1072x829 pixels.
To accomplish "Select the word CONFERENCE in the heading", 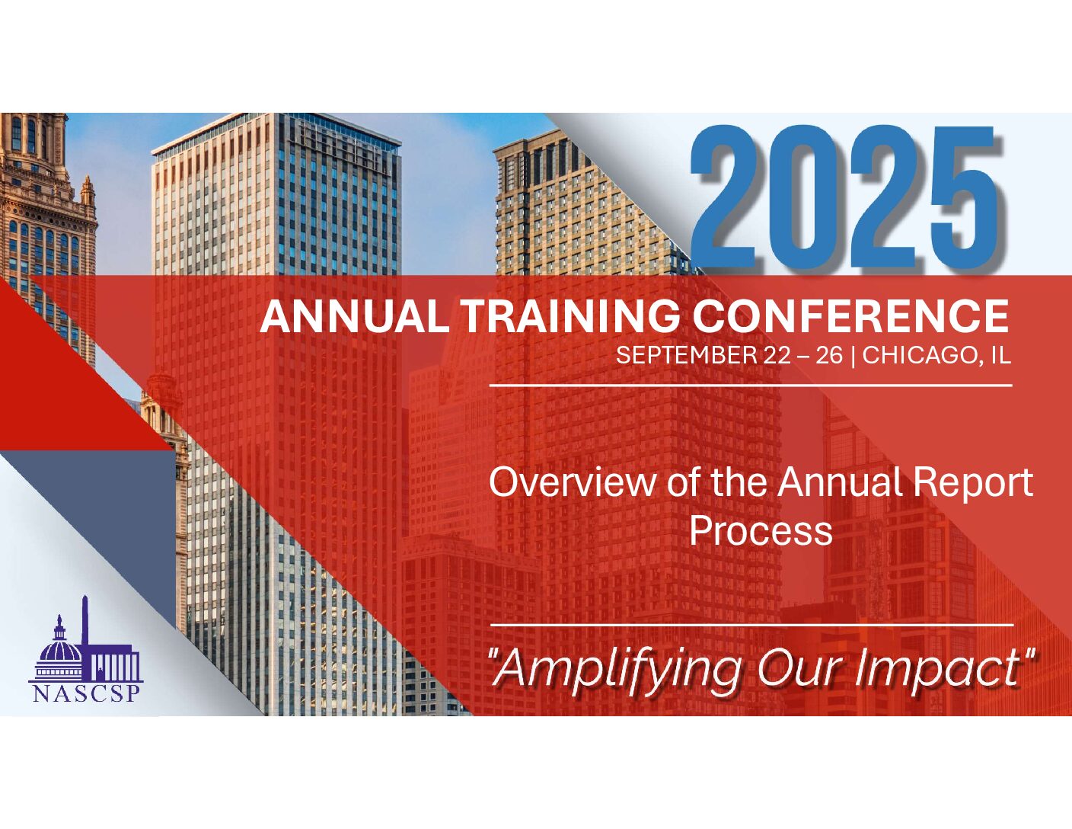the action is click(x=852, y=316).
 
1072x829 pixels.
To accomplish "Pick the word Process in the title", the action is click(x=761, y=531).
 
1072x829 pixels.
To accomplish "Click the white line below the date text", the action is click(x=751, y=385).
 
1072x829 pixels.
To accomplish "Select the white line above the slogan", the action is click(x=751, y=625).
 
